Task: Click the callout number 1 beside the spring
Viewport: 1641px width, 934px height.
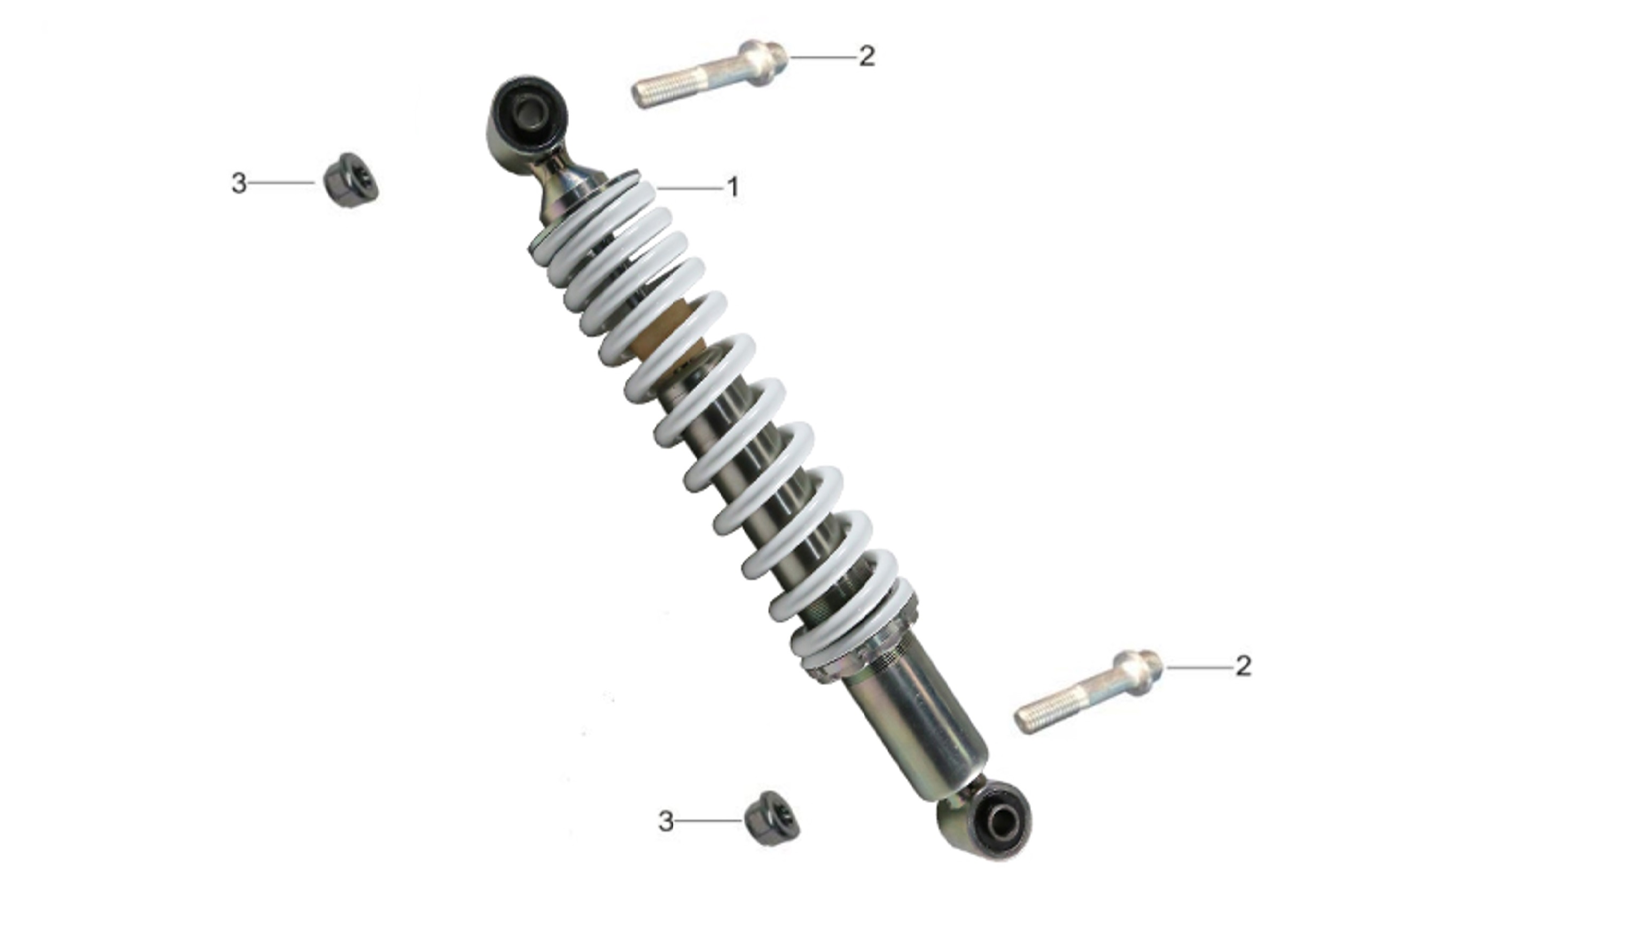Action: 733,188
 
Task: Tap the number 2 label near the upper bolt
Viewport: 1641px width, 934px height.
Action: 866,57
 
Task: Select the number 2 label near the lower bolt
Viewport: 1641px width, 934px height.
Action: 1243,666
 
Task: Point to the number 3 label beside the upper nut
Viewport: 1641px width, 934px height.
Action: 239,183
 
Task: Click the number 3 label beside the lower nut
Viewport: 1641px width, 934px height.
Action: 666,821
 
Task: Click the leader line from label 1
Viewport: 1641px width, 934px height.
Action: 689,189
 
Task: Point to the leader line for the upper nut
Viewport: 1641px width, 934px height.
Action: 281,183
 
